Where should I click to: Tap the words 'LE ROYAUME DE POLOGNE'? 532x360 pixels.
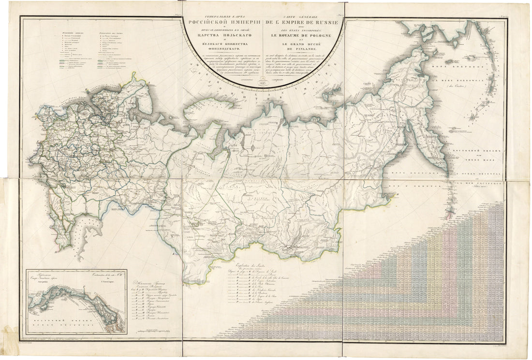(x=301, y=35)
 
